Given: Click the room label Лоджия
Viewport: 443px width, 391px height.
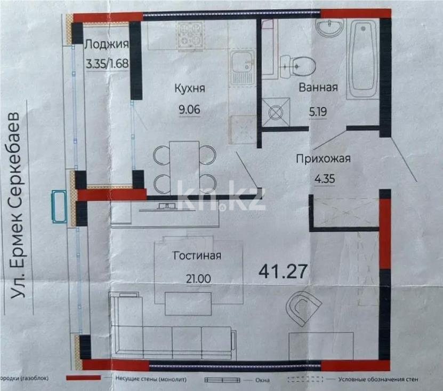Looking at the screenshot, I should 107,45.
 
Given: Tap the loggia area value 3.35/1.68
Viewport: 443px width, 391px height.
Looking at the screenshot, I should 107,64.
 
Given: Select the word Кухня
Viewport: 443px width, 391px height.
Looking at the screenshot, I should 190,89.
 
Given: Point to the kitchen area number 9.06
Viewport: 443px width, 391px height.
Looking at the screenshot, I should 190,111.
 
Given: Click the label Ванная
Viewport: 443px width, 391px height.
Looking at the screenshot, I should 318,88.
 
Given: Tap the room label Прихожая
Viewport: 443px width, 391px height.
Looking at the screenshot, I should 324,158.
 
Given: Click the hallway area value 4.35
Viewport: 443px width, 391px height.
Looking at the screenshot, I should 324,179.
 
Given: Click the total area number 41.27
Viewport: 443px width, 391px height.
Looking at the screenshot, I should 284,271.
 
